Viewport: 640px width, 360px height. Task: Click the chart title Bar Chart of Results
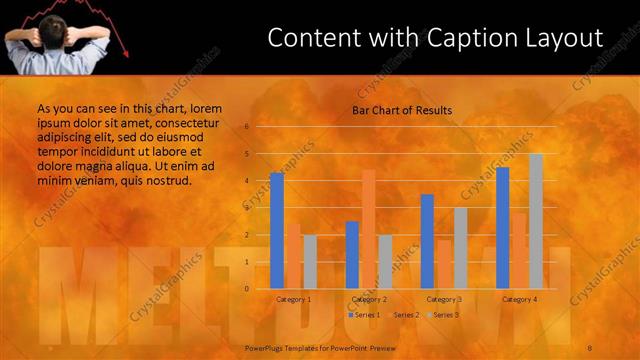point(402,110)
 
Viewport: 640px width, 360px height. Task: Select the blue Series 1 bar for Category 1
point(277,231)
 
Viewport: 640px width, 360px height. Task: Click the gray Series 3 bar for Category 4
point(536,221)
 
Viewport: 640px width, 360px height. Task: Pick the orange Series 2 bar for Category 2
point(369,229)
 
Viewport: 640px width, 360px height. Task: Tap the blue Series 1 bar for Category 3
point(427,241)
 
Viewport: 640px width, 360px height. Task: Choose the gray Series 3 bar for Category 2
point(385,262)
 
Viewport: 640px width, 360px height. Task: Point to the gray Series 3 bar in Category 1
point(310,262)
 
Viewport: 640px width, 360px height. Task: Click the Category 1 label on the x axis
point(294,299)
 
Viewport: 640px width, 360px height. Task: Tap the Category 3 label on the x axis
point(444,299)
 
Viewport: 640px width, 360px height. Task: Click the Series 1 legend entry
point(364,314)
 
